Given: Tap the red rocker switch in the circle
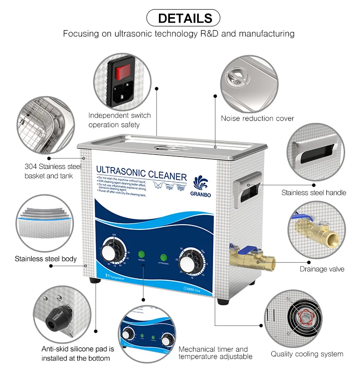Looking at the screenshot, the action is pyautogui.click(x=122, y=72).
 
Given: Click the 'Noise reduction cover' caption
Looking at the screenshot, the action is pyautogui.click(x=257, y=119).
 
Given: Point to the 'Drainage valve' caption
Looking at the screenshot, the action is pyautogui.click(x=322, y=269).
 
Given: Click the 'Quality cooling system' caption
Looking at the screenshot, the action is pyautogui.click(x=307, y=354).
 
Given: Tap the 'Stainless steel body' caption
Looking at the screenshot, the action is pyautogui.click(x=46, y=259).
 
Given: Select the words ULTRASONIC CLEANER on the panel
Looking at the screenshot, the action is pyautogui.click(x=142, y=171).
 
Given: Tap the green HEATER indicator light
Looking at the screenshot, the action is pyautogui.click(x=142, y=254).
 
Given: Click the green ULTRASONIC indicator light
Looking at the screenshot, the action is pyautogui.click(x=163, y=258).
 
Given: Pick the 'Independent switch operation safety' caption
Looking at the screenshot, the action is pyautogui.click(x=120, y=120).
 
